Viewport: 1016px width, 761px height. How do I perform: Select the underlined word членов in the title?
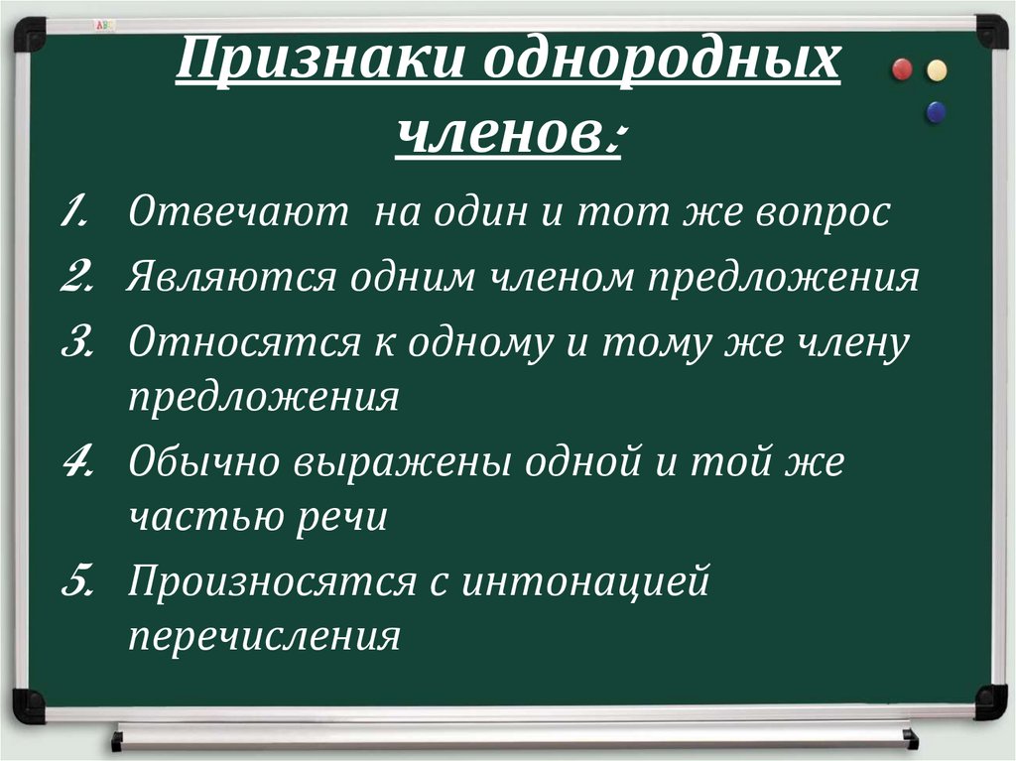point(500,134)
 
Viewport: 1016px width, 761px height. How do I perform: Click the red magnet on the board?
point(902,69)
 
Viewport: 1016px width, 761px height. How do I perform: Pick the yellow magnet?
point(936,69)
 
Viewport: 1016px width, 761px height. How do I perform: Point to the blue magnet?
point(935,112)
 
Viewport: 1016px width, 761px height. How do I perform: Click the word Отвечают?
point(237,213)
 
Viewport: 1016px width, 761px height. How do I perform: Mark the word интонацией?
point(586,579)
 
